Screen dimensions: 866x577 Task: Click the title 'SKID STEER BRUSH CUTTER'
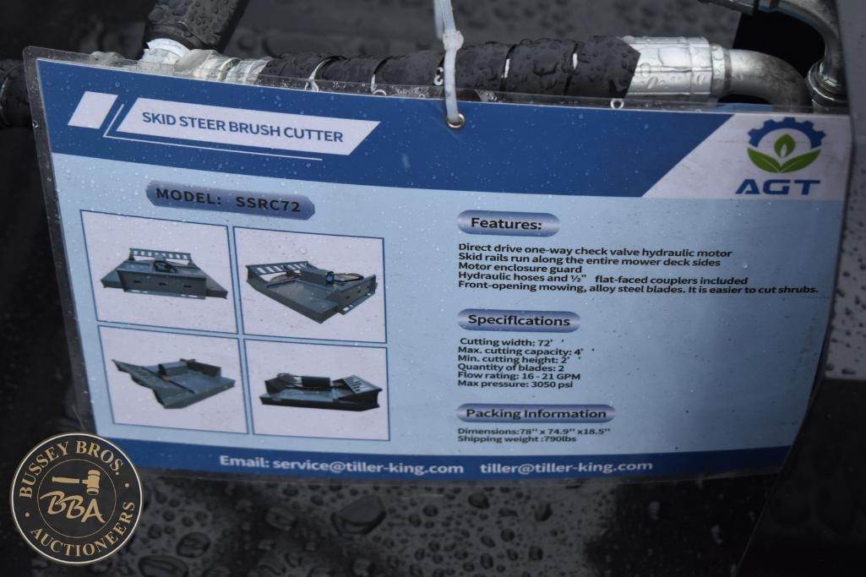[242, 128]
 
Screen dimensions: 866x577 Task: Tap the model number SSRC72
[268, 204]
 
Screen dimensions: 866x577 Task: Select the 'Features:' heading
[506, 224]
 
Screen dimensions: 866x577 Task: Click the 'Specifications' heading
[519, 320]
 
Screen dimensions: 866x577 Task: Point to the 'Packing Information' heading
[536, 413]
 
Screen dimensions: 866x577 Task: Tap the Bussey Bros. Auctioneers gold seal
[77, 498]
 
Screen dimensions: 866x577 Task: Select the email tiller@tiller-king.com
[566, 467]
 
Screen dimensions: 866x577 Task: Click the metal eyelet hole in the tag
[455, 120]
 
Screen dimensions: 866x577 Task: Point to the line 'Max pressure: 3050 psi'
[515, 384]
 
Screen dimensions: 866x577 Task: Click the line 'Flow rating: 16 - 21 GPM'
[519, 376]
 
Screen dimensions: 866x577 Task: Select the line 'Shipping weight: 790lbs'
[516, 439]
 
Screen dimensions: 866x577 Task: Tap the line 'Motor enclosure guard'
[520, 269]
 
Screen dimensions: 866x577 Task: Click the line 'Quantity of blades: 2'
[511, 367]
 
